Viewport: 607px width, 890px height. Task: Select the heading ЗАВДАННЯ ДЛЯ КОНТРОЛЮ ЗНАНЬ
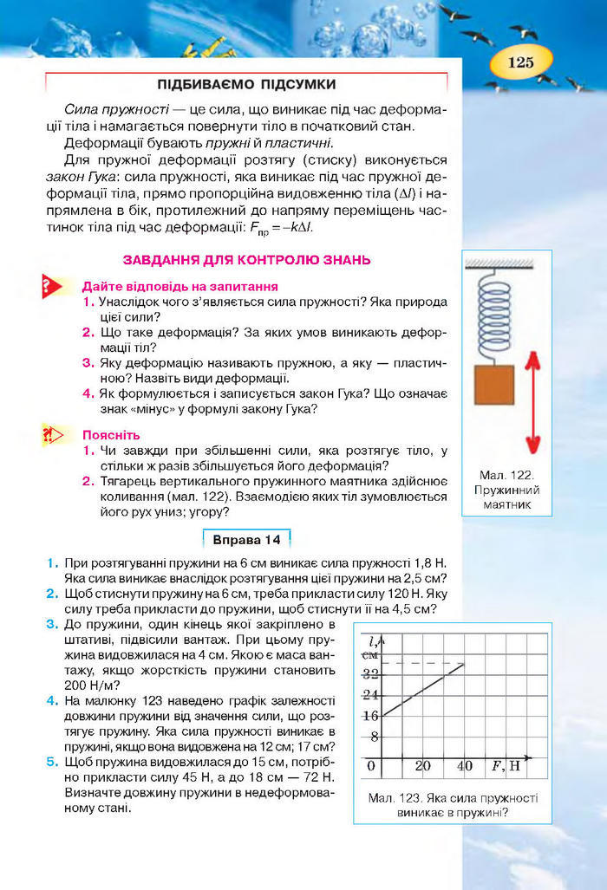click(247, 259)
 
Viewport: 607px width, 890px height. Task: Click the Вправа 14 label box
click(247, 541)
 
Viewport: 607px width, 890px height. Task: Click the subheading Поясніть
click(111, 435)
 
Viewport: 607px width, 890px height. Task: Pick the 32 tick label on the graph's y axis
click(370, 673)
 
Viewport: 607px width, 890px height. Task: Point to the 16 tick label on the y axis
click(370, 716)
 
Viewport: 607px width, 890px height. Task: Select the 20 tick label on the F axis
click(422, 766)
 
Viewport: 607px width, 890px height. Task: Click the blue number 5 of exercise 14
click(53, 762)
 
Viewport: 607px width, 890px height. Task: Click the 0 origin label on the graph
click(371, 766)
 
